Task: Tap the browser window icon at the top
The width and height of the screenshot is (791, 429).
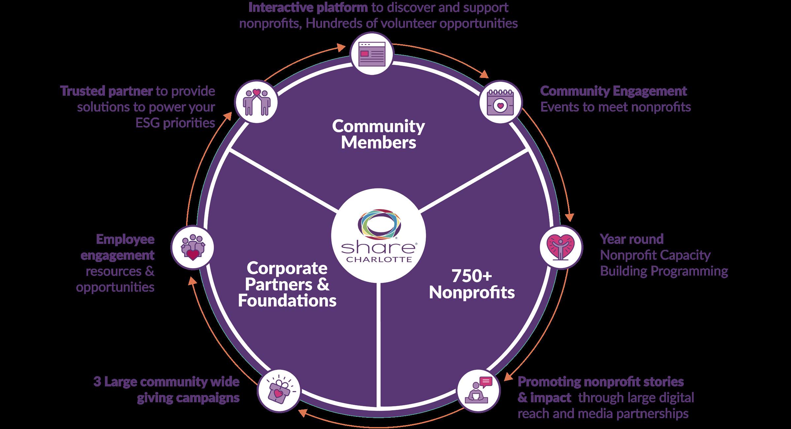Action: coord(372,55)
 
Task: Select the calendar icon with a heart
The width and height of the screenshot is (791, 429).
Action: coord(500,102)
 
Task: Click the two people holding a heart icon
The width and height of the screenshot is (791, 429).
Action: coord(256,102)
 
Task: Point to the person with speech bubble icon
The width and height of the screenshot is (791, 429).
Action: coord(479,391)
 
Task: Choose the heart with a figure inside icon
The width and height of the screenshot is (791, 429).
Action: coord(561,247)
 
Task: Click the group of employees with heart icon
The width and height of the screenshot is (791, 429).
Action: coord(192,247)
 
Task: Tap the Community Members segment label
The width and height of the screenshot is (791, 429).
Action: coord(379,135)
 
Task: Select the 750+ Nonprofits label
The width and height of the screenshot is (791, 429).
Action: coord(472,284)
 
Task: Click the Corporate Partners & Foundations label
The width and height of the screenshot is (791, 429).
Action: coord(287,284)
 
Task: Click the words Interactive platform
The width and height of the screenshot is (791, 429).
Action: coord(308,8)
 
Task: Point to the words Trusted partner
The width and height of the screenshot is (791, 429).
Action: coord(107,91)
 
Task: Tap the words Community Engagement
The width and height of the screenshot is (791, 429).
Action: coord(613,91)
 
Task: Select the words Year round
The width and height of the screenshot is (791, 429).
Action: coord(632,239)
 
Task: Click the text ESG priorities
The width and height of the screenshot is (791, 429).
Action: coord(175,123)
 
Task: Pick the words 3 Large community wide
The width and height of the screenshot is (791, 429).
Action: coord(166,382)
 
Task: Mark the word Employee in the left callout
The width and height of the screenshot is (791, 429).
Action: coord(125,239)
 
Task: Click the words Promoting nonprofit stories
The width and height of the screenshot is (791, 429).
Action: coord(601,382)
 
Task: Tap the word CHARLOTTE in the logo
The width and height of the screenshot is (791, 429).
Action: coord(379,259)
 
